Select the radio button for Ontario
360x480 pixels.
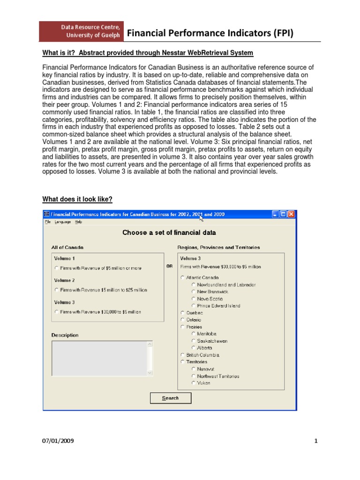point(182,320)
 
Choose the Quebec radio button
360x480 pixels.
point(182,313)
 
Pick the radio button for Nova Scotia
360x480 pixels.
point(193,299)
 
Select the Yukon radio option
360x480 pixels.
point(193,383)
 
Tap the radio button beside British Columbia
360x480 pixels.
point(182,355)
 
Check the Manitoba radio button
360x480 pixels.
point(193,334)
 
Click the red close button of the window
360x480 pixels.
point(292,214)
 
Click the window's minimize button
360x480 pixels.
point(275,214)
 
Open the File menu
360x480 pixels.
point(48,222)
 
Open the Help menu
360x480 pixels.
point(78,222)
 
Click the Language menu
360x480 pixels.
point(63,222)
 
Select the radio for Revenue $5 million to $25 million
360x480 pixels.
point(57,290)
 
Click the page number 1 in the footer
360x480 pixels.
point(316,441)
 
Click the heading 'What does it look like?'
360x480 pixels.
point(77,199)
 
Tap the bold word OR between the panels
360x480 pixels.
point(170,266)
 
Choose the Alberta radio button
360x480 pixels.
point(193,348)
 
